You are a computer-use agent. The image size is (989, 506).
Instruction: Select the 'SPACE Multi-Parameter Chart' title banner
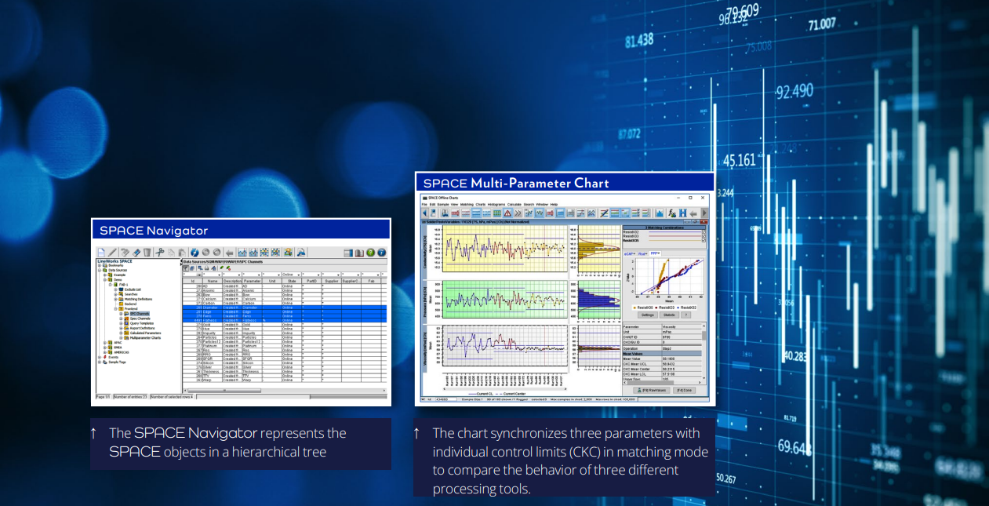pyautogui.click(x=516, y=184)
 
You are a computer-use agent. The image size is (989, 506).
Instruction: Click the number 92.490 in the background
pyautogui.click(x=794, y=92)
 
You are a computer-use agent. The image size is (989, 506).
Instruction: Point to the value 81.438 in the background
pyautogui.click(x=639, y=40)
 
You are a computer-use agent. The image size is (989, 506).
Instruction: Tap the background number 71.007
pyautogui.click(x=822, y=24)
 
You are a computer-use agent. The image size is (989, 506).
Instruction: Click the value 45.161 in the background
pyautogui.click(x=740, y=161)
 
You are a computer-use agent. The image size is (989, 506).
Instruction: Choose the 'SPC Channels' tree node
pyautogui.click(x=140, y=313)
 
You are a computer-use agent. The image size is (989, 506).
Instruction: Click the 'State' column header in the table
pyautogui.click(x=292, y=280)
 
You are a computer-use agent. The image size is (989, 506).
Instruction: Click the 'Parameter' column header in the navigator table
pyautogui.click(x=253, y=280)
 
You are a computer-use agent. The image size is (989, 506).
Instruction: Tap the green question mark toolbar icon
pyautogui.click(x=370, y=252)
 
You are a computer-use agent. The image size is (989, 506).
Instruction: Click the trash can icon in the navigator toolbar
pyautogui.click(x=147, y=252)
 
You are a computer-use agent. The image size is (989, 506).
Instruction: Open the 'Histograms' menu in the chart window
pyautogui.click(x=496, y=204)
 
